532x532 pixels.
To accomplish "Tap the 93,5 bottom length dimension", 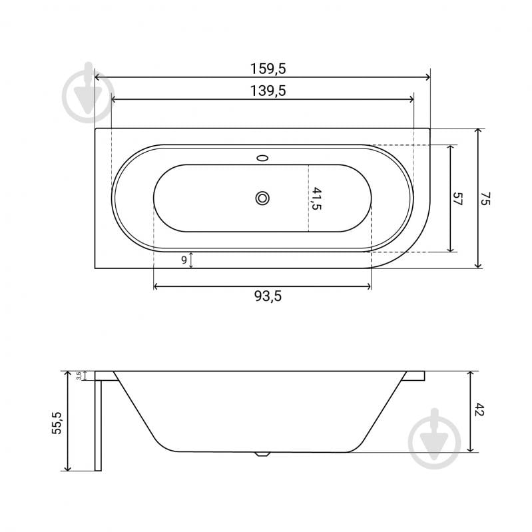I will [x=262, y=297].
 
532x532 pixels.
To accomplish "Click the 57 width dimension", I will [x=457, y=198].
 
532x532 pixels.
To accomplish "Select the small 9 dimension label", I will [x=184, y=260].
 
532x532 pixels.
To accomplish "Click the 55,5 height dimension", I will [x=57, y=422].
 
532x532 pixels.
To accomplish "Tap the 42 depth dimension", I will [x=479, y=410].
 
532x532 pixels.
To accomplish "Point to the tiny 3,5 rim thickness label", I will [x=79, y=376].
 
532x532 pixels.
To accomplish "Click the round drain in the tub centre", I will [x=262, y=198].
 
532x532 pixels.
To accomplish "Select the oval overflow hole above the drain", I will [x=262, y=158].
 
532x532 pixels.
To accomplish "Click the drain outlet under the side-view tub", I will [x=262, y=455].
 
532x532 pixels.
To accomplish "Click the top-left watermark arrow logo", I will [x=89, y=95].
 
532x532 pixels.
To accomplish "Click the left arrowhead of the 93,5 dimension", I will [x=157, y=286].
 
